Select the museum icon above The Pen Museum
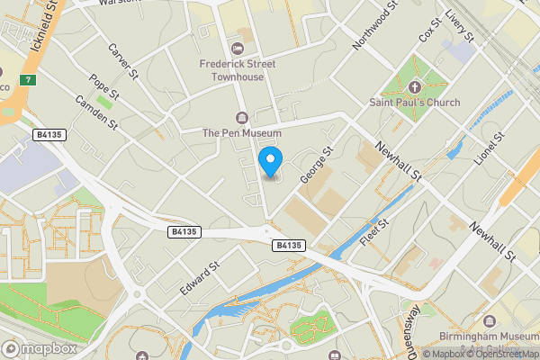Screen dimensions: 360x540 (x=241, y=117)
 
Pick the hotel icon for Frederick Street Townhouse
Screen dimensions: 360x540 (x=238, y=48)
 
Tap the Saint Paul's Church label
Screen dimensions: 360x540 (x=414, y=103)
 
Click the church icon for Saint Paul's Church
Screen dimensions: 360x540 (x=414, y=86)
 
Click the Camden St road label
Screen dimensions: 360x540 (x=96, y=112)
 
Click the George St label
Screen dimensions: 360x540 (x=318, y=166)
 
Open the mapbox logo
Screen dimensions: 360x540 (x=40, y=347)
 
